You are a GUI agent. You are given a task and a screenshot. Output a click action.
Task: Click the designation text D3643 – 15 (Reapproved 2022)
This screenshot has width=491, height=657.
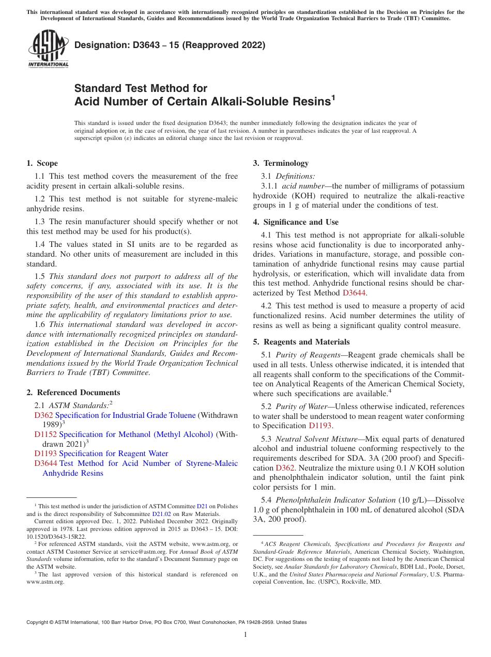[170, 45]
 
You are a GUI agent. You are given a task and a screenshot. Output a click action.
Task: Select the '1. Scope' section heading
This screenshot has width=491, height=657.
[42, 163]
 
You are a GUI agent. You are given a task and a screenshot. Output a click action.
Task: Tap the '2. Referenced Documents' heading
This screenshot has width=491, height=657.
[73, 393]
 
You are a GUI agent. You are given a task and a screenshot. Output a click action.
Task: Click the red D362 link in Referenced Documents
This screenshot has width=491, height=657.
[43, 415]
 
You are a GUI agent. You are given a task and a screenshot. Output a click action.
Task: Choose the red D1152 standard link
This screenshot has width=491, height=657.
[45, 434]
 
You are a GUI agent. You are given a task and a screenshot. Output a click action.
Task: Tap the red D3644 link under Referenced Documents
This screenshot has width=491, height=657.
[45, 463]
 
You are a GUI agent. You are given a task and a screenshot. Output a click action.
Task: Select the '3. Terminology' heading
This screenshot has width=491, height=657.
[281, 163]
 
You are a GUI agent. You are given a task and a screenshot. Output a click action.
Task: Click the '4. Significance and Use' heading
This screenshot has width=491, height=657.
[296, 222]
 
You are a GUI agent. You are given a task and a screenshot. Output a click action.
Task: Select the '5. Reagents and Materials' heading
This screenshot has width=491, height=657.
[301, 342]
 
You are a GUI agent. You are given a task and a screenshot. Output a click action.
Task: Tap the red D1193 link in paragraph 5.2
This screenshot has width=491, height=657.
[320, 426]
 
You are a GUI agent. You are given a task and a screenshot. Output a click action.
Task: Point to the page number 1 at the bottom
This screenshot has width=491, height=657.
[245, 635]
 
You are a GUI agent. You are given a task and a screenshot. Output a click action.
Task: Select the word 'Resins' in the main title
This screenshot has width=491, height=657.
[308, 101]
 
